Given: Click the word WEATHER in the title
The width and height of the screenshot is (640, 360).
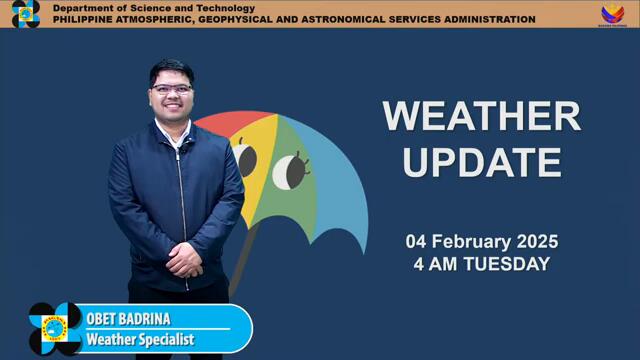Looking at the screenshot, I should click(x=481, y=117).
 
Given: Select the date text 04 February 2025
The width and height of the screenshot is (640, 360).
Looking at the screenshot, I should click(x=481, y=242).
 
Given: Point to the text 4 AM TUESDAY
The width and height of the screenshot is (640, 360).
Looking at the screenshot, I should click(x=481, y=265).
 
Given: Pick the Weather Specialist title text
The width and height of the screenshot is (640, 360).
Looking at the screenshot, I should click(x=140, y=340).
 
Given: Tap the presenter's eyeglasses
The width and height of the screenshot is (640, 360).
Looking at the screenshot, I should click(x=172, y=89).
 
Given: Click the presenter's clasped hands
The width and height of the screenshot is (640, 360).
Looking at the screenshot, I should click(x=184, y=261).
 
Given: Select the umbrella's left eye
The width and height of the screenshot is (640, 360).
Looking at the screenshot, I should click(x=244, y=158).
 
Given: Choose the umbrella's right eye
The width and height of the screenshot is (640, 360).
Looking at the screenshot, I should click(x=290, y=171).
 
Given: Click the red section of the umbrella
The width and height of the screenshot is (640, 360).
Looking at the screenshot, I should click(x=225, y=122).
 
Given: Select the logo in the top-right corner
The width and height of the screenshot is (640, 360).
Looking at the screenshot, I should click(x=612, y=14).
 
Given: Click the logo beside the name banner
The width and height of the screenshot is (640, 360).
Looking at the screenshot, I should click(x=55, y=329).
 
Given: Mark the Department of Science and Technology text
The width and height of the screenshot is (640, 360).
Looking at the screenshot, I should click(x=153, y=8).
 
